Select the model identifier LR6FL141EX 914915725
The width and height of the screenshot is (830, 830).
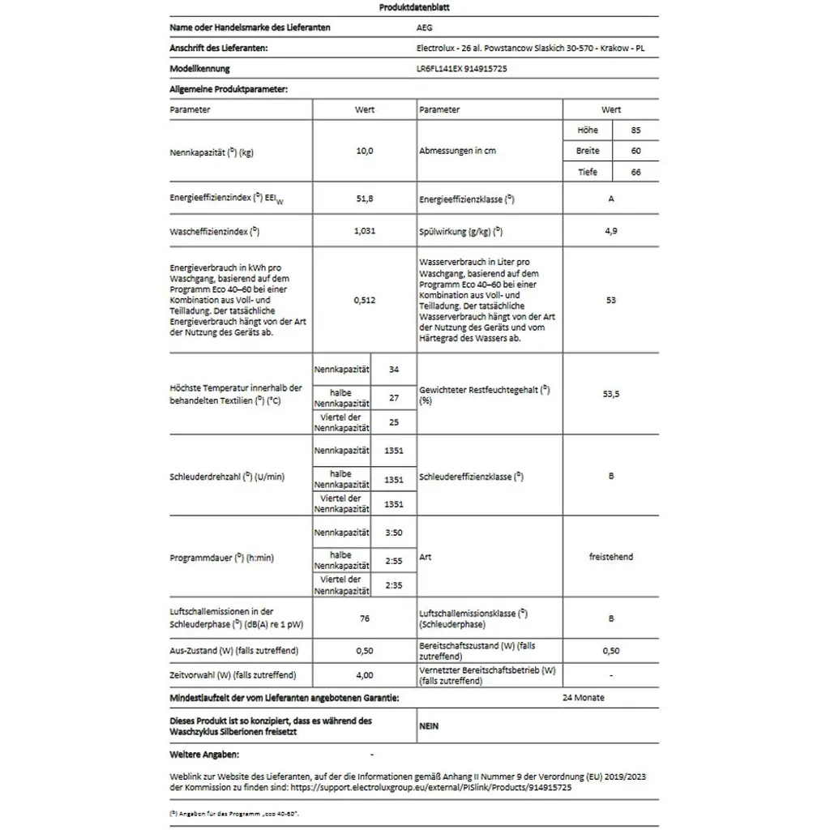pos(460,69)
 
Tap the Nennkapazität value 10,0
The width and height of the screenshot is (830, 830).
pos(365,151)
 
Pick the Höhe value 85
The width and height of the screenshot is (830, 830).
pos(635,130)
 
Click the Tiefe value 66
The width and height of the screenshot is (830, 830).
pos(635,172)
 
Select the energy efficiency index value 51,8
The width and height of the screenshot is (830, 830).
pos(365,198)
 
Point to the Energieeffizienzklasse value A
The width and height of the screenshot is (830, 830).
pos(611,198)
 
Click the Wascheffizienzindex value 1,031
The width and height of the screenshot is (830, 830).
pos(365,231)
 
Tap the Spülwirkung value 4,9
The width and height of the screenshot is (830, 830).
pos(611,231)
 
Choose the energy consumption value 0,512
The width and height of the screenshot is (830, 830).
pos(365,300)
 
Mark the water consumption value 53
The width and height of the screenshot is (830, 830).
pos(611,300)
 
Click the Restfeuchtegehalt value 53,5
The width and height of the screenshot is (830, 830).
pos(611,394)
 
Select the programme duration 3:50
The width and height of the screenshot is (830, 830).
pos(394,533)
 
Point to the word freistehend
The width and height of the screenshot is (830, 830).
pos(611,557)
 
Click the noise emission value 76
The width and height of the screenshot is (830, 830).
pos(365,618)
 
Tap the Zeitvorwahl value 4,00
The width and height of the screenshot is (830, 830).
pos(365,674)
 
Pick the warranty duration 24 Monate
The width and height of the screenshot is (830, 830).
pos(584,697)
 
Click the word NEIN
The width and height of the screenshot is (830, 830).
pos(429,726)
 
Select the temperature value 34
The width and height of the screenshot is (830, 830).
pos(394,370)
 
